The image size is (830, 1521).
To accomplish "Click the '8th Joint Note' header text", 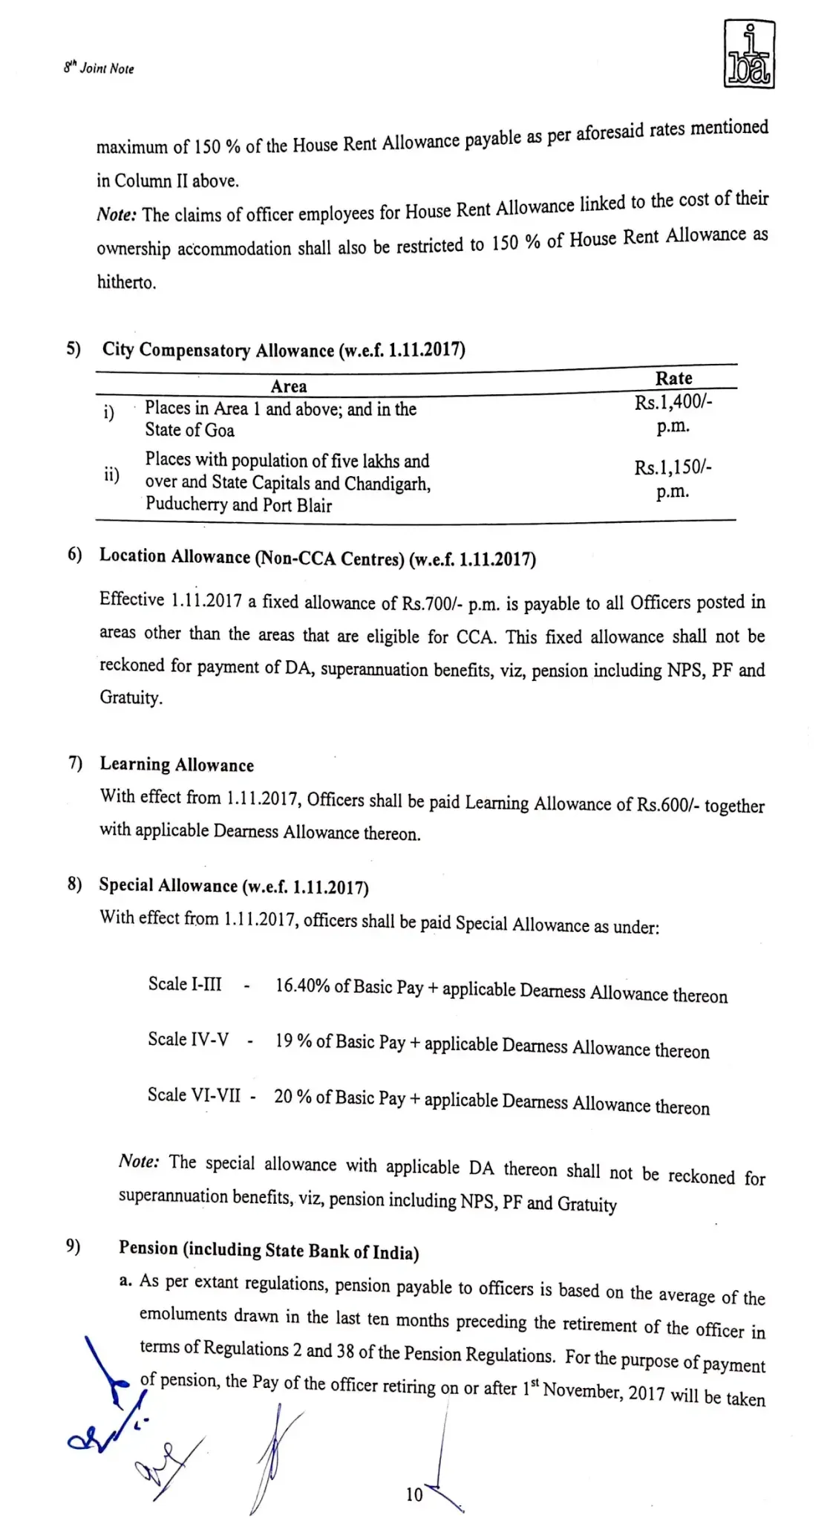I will coord(99,68).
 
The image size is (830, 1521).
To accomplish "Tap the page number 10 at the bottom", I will coord(414,1494).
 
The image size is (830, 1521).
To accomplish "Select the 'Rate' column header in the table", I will coord(673,378).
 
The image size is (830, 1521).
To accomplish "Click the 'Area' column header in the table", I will coord(289,386).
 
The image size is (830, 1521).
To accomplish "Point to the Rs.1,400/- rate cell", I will coord(673,413).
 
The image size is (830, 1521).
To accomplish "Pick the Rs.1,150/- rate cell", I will coord(673,478).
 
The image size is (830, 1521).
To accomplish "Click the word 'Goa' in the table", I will coord(220,431).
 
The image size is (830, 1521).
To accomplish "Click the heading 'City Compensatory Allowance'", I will coord(218,350).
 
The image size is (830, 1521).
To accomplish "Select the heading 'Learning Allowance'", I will coord(177,765).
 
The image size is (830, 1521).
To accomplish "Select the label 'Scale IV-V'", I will coord(188,1039).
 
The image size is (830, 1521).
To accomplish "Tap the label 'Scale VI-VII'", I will coord(194,1095).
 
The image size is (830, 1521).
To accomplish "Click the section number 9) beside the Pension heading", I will coord(73,1245).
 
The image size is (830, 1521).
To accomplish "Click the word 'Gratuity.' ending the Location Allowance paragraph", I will coord(131,697).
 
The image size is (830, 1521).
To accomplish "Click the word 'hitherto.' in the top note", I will coord(127,283).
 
